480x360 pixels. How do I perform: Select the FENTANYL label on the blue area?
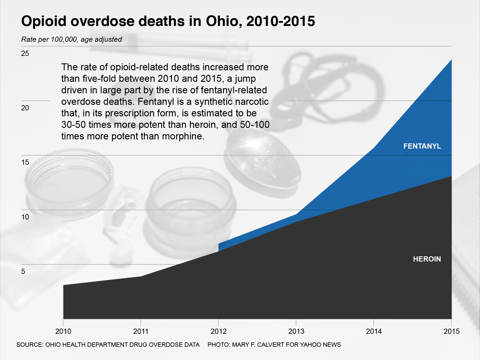click(422, 146)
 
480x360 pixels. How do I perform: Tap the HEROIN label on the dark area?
click(427, 259)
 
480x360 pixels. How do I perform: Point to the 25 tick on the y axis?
click(25, 53)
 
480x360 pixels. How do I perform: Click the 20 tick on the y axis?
click(25, 108)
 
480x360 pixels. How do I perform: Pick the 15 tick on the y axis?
click(25, 162)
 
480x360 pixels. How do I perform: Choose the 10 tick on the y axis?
click(25, 217)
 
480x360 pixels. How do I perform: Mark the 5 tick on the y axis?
click(23, 272)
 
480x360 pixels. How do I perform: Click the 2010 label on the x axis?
click(63, 331)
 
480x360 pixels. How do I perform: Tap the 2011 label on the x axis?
click(141, 331)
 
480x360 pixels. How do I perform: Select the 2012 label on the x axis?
click(218, 331)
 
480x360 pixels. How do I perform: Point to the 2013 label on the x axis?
click(296, 331)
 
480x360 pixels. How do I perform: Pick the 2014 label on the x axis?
click(374, 331)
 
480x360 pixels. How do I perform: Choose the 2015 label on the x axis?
click(452, 331)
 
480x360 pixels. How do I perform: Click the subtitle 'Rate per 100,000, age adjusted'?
click(72, 39)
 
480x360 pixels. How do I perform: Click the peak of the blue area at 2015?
click(451, 60)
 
